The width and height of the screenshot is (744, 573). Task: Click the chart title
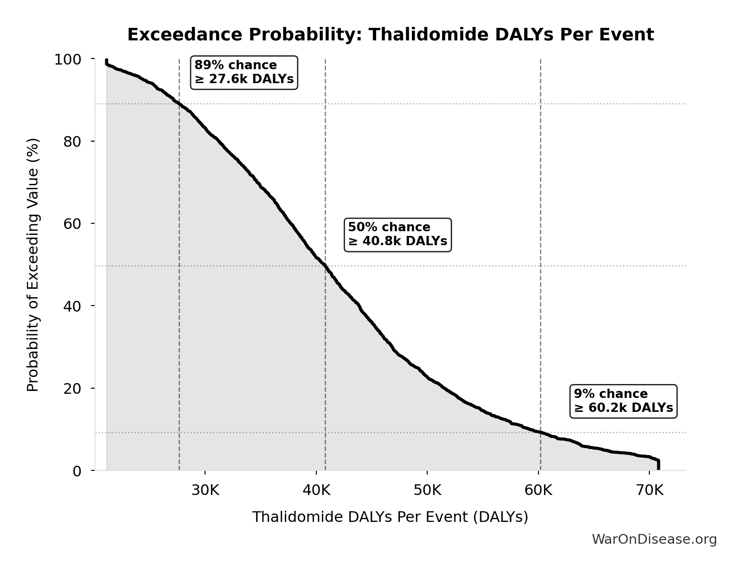point(390,35)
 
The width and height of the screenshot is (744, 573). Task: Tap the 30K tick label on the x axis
point(205,490)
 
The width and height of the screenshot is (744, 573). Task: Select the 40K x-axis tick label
point(316,490)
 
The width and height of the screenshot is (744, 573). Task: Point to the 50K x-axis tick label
point(427,490)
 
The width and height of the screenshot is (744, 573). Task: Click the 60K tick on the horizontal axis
point(539,490)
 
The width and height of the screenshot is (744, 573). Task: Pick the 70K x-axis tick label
point(649,490)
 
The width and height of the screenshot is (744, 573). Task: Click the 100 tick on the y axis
point(68,59)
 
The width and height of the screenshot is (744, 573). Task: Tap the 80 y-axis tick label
point(72,141)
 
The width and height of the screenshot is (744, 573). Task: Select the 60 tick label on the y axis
point(72,223)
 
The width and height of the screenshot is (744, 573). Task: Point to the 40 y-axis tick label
point(72,306)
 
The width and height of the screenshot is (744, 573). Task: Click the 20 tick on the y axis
point(72,388)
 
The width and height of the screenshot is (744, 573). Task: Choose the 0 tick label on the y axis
point(77,471)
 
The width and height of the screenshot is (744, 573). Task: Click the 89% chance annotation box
point(244,72)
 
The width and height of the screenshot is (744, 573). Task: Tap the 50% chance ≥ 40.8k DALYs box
point(398,234)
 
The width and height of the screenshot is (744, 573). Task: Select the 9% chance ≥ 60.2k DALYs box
point(623,401)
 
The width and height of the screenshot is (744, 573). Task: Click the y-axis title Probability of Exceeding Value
point(33,265)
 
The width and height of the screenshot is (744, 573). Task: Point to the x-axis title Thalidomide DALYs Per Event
point(390,517)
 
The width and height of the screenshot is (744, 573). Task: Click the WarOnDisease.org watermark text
point(654,539)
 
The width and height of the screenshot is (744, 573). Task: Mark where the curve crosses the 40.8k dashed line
point(325,266)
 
